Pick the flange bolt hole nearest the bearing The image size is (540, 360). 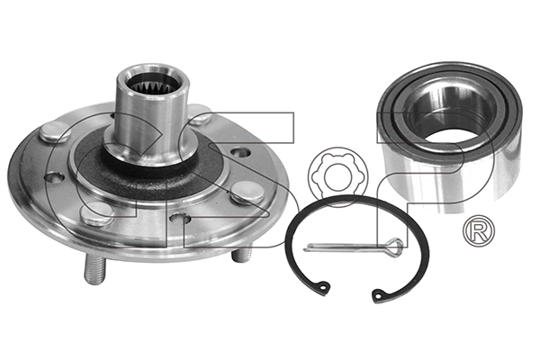(239, 152)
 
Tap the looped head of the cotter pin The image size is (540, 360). (389, 242)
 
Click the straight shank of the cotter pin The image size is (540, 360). (346, 247)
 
